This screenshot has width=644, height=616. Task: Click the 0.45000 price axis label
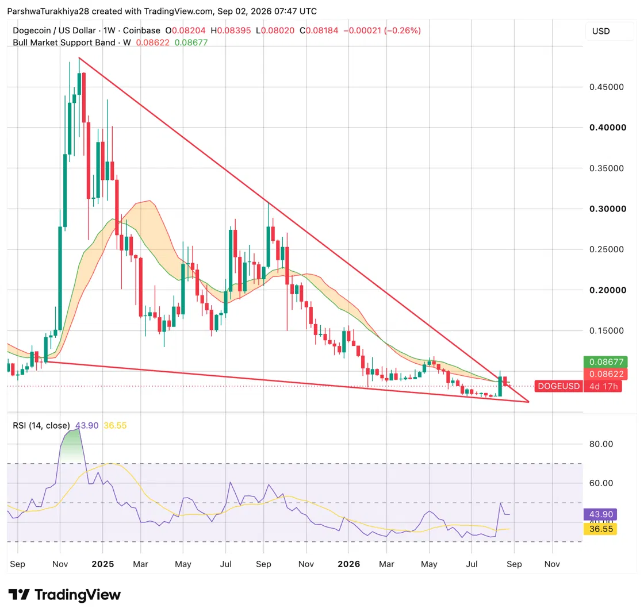pyautogui.click(x=606, y=87)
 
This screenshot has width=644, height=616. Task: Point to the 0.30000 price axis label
pyautogui.click(x=607, y=209)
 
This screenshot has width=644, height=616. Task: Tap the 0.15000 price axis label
pyautogui.click(x=606, y=331)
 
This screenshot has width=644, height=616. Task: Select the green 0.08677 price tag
pyautogui.click(x=606, y=362)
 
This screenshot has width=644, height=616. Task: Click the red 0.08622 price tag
pyautogui.click(x=606, y=374)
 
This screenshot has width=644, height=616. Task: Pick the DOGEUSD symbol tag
pyautogui.click(x=558, y=386)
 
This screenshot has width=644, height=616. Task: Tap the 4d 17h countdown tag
pyautogui.click(x=603, y=386)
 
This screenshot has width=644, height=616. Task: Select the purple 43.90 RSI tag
pyautogui.click(x=600, y=514)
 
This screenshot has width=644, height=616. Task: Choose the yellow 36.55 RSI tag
pyautogui.click(x=600, y=529)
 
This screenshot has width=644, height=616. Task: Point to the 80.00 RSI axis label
pyautogui.click(x=601, y=444)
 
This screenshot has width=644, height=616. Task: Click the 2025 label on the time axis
pyautogui.click(x=103, y=564)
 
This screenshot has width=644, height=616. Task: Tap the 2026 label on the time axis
pyautogui.click(x=348, y=564)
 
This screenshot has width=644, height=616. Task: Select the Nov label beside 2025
pyautogui.click(x=60, y=564)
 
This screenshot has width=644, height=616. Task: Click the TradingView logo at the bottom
pyautogui.click(x=64, y=595)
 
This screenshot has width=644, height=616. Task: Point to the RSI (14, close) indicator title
pyautogui.click(x=41, y=426)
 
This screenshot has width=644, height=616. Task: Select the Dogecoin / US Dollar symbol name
pyautogui.click(x=54, y=30)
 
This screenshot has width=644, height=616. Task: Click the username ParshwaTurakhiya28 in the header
pyautogui.click(x=48, y=11)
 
